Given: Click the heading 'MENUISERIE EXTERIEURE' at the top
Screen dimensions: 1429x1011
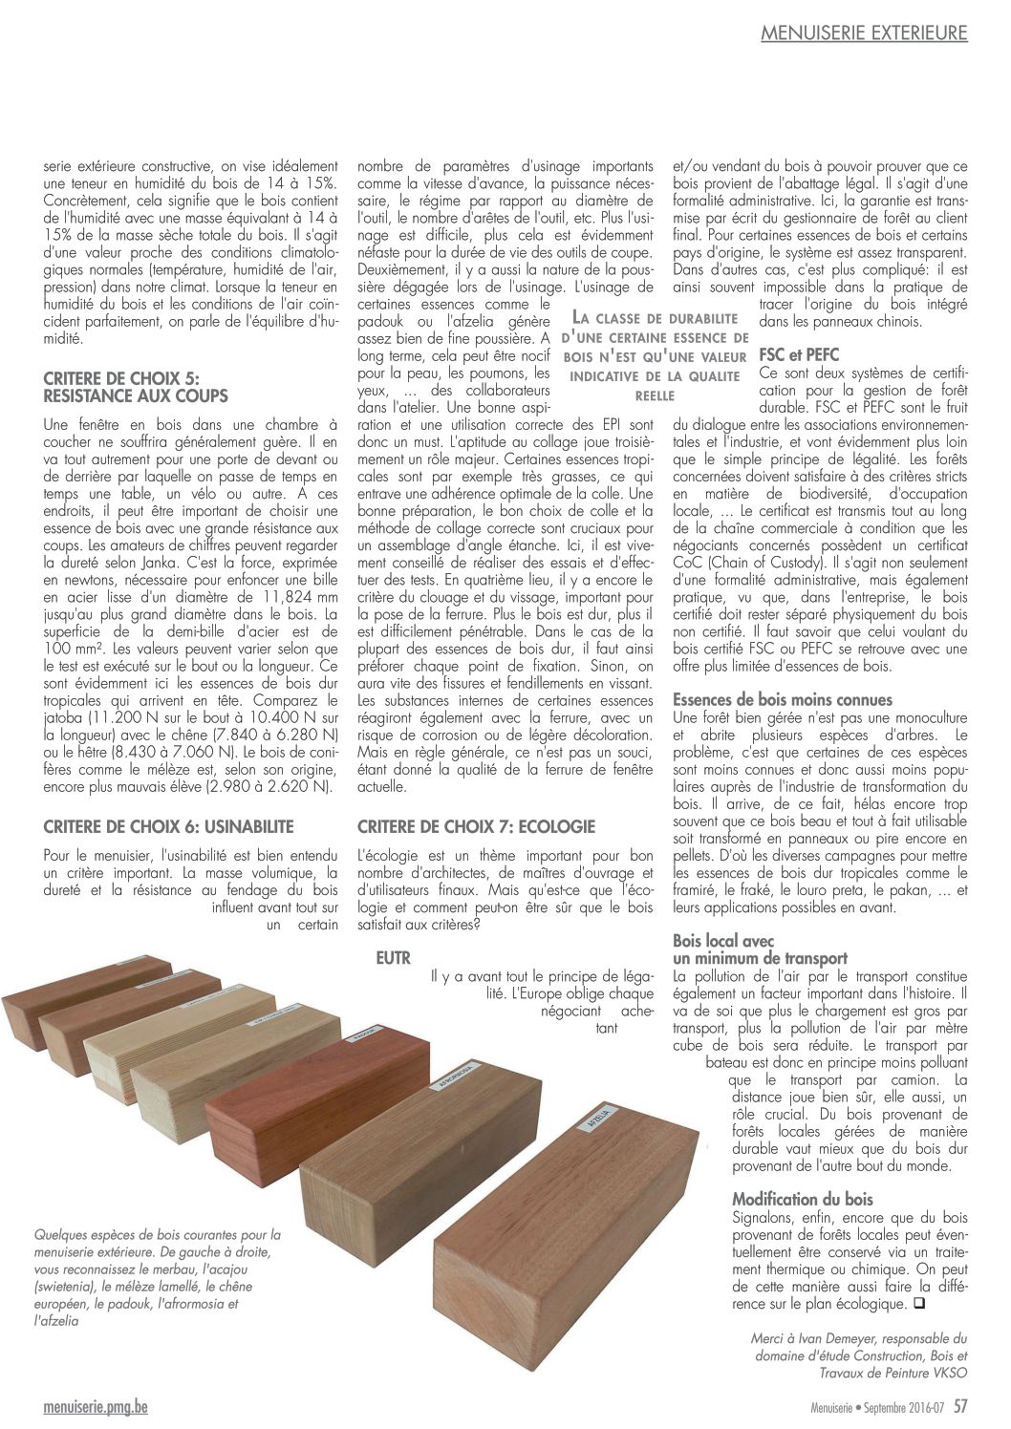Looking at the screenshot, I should click(864, 34).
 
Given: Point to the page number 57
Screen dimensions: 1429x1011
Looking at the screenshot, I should click(960, 1406).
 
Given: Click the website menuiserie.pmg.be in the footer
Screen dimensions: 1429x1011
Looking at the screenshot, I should click(96, 1407).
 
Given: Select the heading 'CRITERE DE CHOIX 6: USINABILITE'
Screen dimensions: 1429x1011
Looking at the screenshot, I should click(169, 826).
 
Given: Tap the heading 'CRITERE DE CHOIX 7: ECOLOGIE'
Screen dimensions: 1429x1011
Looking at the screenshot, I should click(476, 826).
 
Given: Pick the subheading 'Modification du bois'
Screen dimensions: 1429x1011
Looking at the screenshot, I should click(803, 1199).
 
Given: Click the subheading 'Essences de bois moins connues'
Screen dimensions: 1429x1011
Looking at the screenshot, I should click(783, 699).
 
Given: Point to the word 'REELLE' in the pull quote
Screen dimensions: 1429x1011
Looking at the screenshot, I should click(655, 395).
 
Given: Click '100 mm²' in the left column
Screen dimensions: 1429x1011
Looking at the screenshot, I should click(72, 648).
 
